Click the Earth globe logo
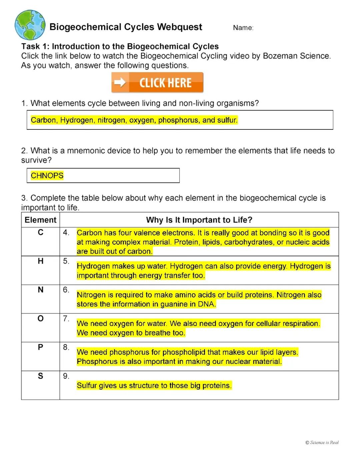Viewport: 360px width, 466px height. (30, 25)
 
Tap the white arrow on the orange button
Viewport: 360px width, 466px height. (119, 82)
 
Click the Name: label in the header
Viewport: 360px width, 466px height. (243, 28)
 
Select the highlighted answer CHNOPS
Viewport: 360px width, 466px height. (47, 175)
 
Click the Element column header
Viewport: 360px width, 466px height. (40, 220)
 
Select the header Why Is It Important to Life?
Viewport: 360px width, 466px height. (199, 220)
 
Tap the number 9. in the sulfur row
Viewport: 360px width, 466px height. (66, 376)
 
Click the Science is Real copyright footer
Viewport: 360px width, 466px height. (322, 443)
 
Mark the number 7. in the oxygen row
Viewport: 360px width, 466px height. (66, 319)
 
